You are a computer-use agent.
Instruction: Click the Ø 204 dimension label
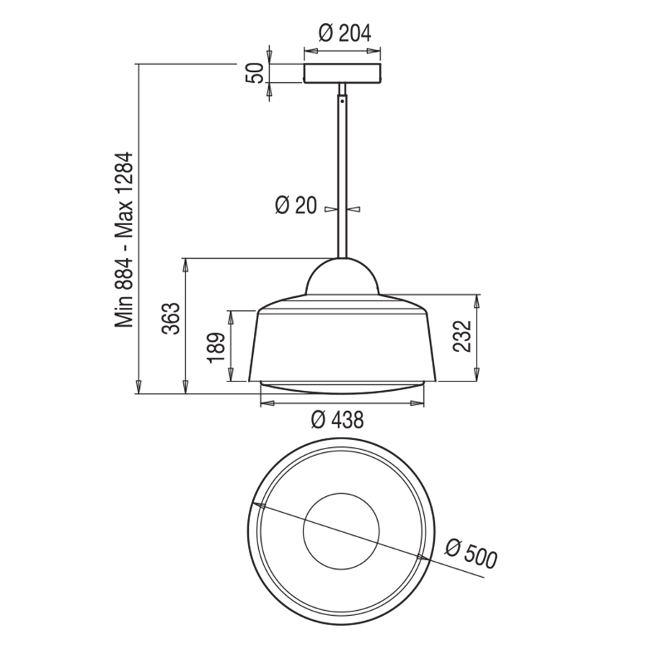[x=343, y=32]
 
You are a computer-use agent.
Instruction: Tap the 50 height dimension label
[x=253, y=73]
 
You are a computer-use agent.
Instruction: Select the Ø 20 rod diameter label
[x=296, y=206]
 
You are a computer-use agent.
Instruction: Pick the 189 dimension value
[x=215, y=347]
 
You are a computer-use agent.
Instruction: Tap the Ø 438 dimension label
[x=337, y=419]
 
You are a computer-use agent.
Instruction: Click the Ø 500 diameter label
[x=471, y=554]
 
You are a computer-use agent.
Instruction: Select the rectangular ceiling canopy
[x=342, y=74]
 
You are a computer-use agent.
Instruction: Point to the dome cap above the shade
[x=342, y=278]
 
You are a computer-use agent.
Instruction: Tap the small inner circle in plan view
[x=341, y=534]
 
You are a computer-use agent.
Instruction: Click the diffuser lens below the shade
[x=342, y=387]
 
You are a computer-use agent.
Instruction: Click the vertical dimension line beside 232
[x=477, y=337]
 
